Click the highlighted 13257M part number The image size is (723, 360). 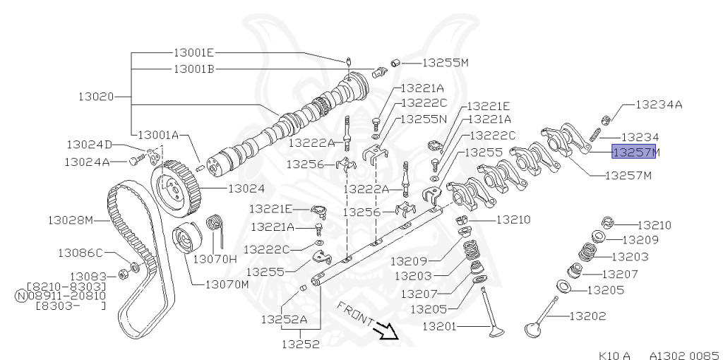(635, 151)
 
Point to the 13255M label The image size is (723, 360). (446, 63)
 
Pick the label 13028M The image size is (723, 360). (71, 220)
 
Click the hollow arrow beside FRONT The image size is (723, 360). (388, 330)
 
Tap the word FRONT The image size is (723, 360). (356, 314)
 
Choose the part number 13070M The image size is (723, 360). (227, 284)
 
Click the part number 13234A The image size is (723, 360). (659, 104)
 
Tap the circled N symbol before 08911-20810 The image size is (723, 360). (20, 296)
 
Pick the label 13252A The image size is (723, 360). (284, 318)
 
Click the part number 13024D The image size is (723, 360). (90, 145)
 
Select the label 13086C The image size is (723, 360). (80, 252)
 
